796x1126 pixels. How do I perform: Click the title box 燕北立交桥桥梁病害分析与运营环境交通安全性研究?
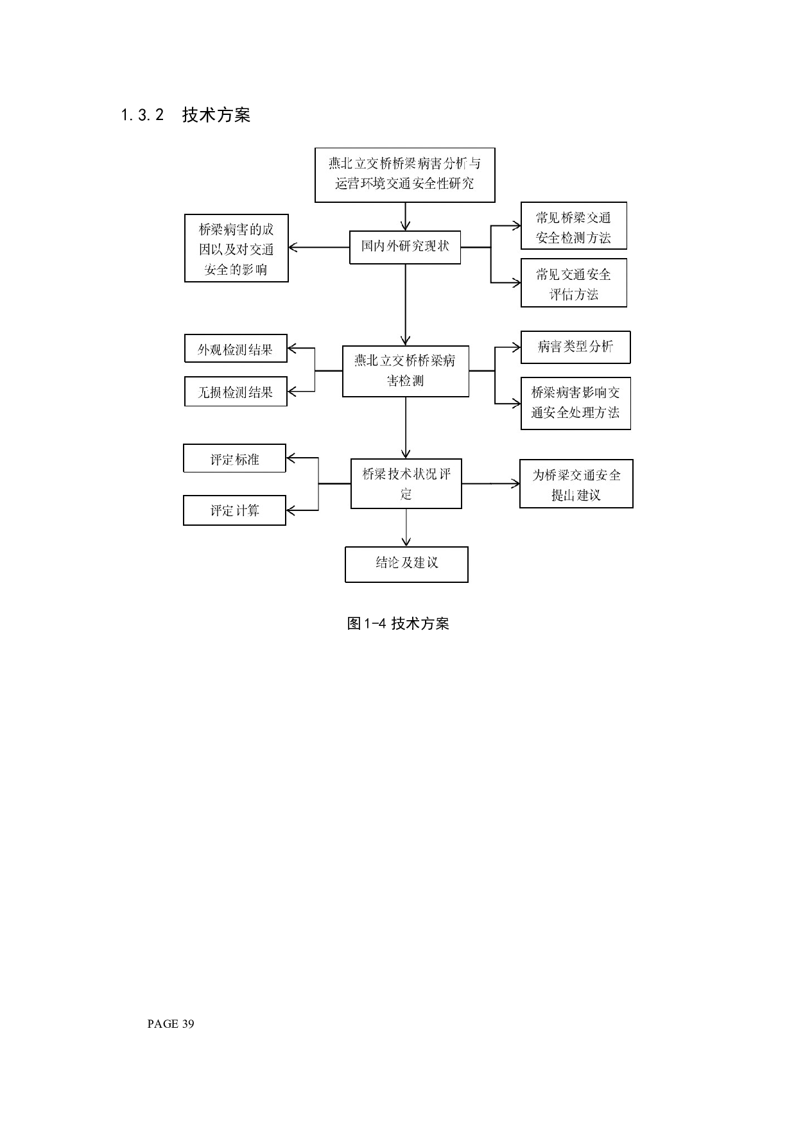point(404,175)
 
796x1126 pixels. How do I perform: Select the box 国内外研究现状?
point(404,247)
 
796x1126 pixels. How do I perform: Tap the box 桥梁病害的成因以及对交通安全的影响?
point(236,248)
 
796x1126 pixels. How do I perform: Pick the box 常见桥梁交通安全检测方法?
point(573,226)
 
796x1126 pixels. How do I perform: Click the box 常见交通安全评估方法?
point(573,283)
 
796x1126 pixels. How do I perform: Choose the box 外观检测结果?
point(236,349)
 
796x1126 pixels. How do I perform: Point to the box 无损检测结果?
point(236,392)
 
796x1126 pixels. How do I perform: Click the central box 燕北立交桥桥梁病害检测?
point(405,370)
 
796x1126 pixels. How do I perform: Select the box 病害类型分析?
point(575,347)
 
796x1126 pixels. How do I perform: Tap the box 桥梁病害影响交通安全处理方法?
point(575,403)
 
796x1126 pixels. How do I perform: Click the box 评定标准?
point(234,458)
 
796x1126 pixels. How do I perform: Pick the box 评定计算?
point(234,510)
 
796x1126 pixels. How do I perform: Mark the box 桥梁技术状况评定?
point(406,483)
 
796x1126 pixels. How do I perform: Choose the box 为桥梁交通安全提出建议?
point(576,484)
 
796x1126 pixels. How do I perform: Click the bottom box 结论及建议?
point(406,564)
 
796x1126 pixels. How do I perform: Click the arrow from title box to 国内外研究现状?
point(405,216)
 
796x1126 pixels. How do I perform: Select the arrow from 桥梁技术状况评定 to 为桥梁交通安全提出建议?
point(490,483)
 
